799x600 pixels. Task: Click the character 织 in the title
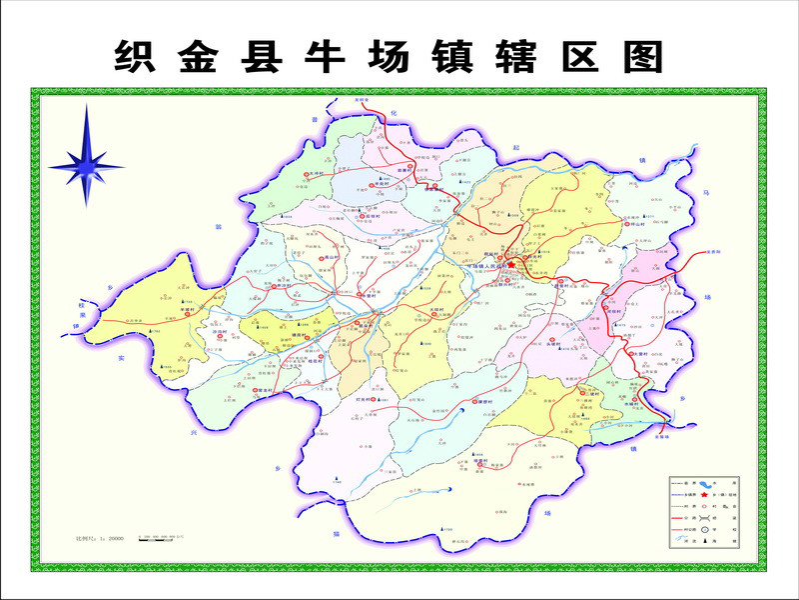[135, 57]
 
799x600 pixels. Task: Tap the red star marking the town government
[511, 265]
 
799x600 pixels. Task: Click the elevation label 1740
[339, 483]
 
